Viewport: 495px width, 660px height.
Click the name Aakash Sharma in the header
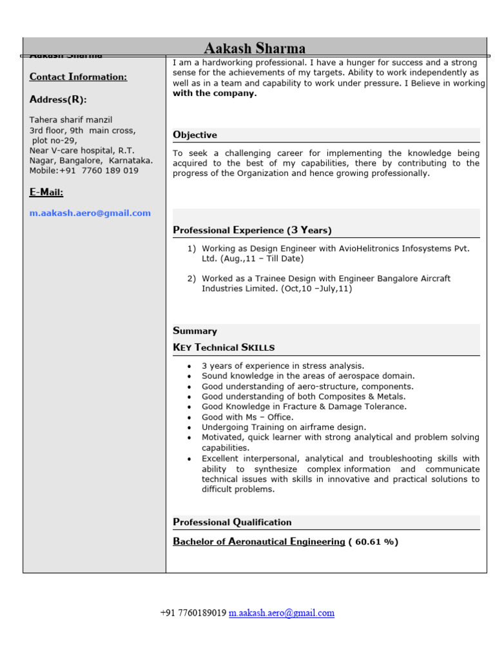[255, 48]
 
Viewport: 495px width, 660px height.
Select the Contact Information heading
[78, 77]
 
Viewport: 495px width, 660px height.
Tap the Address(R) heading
[58, 100]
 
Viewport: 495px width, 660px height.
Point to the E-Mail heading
[46, 193]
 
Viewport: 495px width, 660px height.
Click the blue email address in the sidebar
[90, 213]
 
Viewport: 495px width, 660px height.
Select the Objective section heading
[195, 135]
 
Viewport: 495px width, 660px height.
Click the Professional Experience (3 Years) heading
[252, 230]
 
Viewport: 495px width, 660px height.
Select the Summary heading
[195, 331]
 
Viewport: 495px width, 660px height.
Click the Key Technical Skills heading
[224, 347]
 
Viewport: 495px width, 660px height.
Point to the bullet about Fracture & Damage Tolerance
[304, 407]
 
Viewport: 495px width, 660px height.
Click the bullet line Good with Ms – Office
[247, 417]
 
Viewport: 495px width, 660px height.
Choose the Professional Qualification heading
[232, 522]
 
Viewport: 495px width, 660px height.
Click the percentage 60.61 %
[373, 542]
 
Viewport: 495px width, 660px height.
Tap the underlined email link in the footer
[282, 614]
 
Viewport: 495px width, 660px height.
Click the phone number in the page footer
[193, 614]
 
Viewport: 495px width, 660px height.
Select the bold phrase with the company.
[215, 93]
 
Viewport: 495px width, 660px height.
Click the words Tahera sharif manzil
[71, 120]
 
